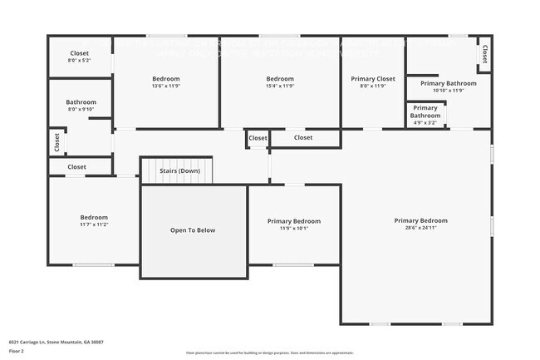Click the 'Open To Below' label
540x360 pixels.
click(x=193, y=230)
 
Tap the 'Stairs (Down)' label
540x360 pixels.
click(x=179, y=170)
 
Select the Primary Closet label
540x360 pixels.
click(x=373, y=79)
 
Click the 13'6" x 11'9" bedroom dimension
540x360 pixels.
click(x=167, y=86)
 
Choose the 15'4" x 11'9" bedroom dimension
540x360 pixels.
click(x=280, y=86)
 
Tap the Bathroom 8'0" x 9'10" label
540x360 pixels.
click(x=81, y=102)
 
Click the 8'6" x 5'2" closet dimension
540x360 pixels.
click(x=80, y=61)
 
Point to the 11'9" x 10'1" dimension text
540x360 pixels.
click(x=294, y=229)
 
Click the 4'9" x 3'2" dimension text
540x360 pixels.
click(x=425, y=122)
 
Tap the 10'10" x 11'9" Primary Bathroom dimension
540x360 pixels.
click(x=448, y=91)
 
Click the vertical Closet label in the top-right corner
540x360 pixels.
click(x=484, y=53)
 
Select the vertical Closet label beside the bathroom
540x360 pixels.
click(x=56, y=142)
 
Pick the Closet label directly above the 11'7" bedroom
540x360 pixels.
click(x=76, y=167)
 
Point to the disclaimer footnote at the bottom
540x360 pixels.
click(x=271, y=353)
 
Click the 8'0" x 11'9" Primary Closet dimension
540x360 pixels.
click(x=373, y=86)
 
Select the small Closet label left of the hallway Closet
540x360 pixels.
click(x=258, y=138)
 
